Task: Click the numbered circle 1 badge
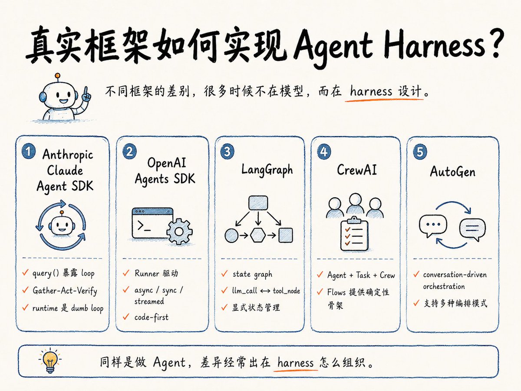[28, 152]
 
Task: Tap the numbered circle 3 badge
[227, 152]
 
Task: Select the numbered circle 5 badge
[420, 152]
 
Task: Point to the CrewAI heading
[357, 170]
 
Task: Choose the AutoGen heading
[453, 172]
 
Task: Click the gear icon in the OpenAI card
[179, 232]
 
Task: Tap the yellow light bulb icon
[50, 360]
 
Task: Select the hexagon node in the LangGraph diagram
[258, 235]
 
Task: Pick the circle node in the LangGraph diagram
[231, 235]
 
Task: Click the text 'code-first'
[152, 317]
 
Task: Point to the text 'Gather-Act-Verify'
[65, 291]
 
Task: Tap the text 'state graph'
[252, 275]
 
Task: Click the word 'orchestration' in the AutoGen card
[444, 286]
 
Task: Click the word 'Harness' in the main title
[434, 45]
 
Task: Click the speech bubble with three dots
[433, 225]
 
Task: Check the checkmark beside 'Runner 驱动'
[126, 273]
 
